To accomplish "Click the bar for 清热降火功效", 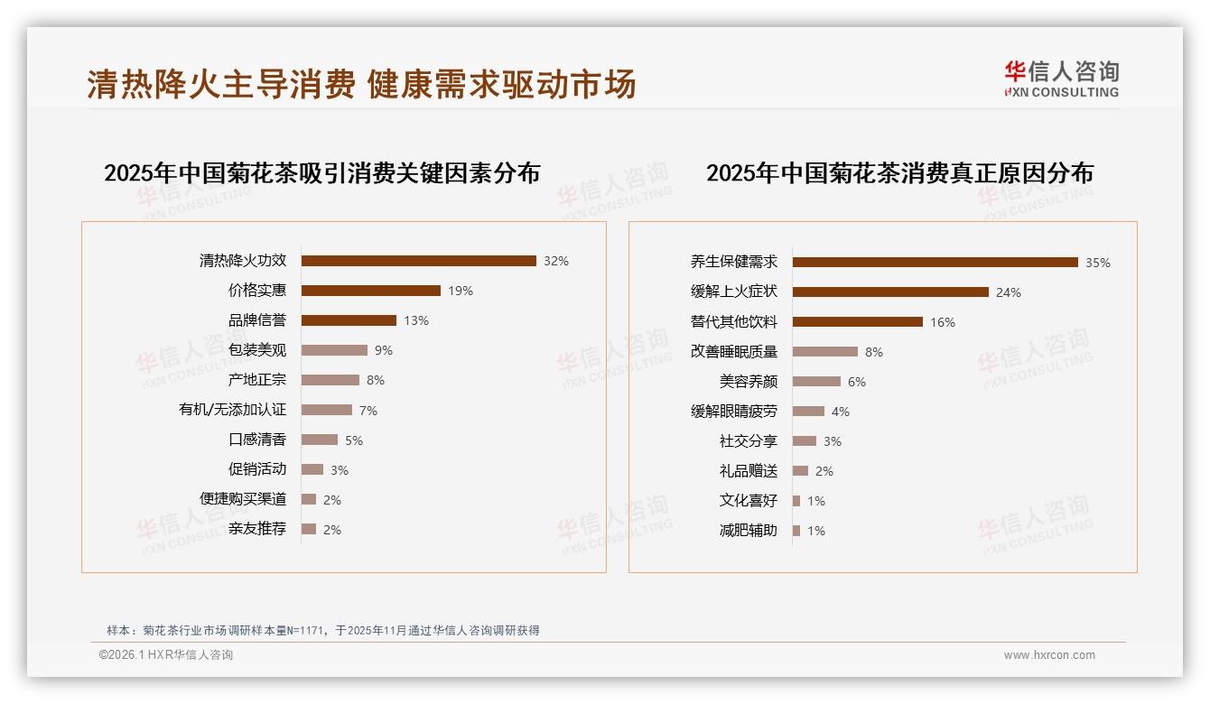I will [418, 261].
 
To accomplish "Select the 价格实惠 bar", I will [370, 291].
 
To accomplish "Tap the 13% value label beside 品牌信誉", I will [416, 320].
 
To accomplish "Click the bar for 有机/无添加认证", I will [326, 410].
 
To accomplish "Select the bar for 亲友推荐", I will [309, 529].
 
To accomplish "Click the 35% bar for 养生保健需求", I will [935, 263].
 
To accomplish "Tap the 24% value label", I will [1008, 292].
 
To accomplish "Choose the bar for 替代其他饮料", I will [857, 322].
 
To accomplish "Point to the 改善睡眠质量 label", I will [733, 352].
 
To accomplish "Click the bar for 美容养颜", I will [816, 382].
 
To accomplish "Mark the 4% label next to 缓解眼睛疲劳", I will [840, 412].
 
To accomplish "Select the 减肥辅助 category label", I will [748, 531].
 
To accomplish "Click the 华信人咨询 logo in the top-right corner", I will [1061, 79].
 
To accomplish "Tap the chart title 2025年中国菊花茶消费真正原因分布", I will [899, 172].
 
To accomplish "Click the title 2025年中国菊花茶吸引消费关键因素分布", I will [321, 172].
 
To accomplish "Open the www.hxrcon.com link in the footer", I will [1049, 655].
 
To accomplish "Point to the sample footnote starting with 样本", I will [322, 630].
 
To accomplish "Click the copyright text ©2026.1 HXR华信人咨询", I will [166, 655].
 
